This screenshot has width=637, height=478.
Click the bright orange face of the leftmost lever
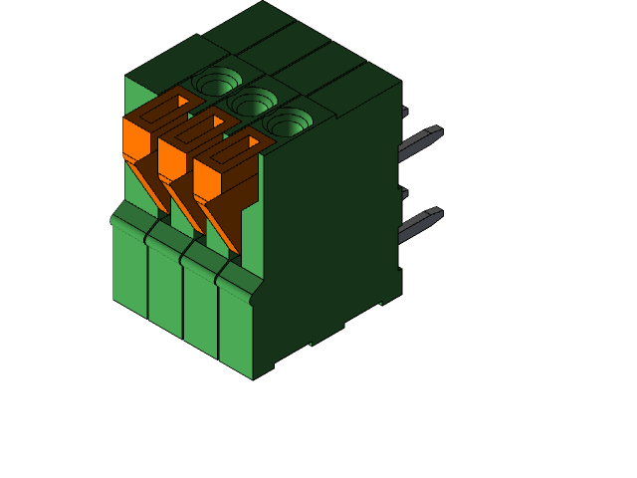click(133, 139)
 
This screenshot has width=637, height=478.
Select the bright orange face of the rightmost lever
click(205, 177)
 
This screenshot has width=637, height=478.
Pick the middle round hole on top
click(253, 101)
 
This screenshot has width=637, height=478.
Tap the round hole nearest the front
click(289, 122)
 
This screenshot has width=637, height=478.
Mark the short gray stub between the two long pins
click(404, 192)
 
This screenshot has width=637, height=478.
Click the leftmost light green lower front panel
click(129, 264)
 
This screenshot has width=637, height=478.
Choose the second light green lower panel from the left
click(164, 284)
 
